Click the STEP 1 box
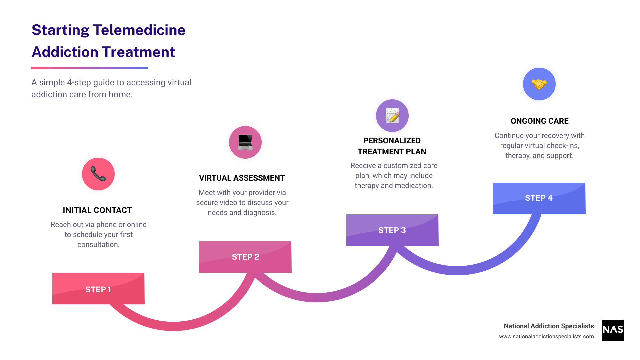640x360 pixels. click(x=98, y=289)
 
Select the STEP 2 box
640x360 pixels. click(x=245, y=257)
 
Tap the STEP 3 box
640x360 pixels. click(x=392, y=230)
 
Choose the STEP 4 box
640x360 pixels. click(x=539, y=198)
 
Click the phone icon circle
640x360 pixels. click(x=98, y=174)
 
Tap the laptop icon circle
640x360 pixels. click(x=245, y=142)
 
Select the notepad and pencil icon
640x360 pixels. click(x=392, y=116)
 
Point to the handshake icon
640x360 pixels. click(x=539, y=84)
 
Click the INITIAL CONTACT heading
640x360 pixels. click(x=97, y=210)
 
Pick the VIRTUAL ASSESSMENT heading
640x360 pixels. click(x=242, y=178)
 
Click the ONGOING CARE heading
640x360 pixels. click(x=540, y=121)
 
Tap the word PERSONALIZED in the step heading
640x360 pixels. click(x=392, y=141)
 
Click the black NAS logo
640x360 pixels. click(x=613, y=330)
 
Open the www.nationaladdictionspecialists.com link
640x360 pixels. click(x=546, y=337)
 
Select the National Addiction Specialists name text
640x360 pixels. click(x=549, y=326)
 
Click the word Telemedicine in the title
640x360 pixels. click(x=139, y=30)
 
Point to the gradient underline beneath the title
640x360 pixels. click(x=89, y=68)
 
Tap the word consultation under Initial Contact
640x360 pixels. click(x=98, y=245)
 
